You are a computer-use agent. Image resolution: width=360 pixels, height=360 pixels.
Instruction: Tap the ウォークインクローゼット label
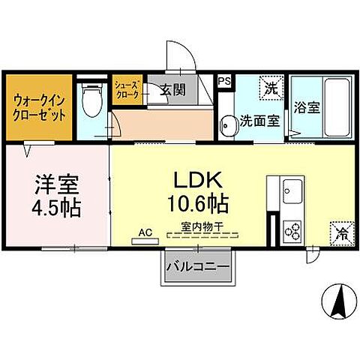point(37,106)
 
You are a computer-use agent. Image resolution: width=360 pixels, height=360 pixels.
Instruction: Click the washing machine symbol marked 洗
point(271,87)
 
